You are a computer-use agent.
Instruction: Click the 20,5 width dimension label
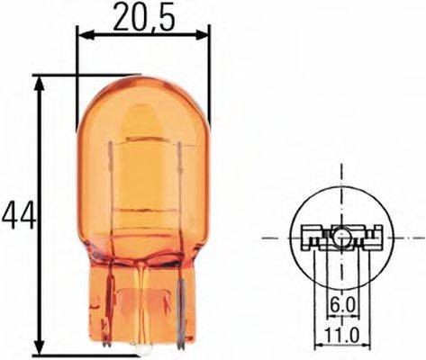[141, 16]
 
